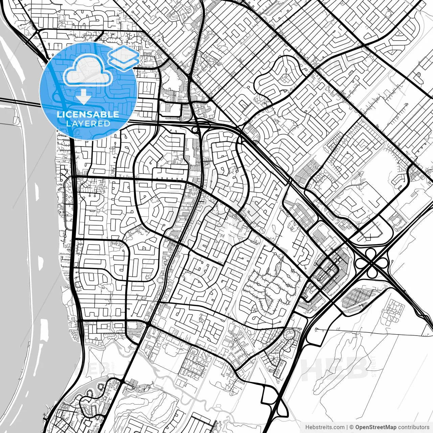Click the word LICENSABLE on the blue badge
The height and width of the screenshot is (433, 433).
click(88, 114)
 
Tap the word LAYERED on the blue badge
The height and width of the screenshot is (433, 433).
click(88, 123)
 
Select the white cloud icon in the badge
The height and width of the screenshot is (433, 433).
click(88, 70)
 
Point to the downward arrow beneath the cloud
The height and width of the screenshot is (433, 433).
click(83, 97)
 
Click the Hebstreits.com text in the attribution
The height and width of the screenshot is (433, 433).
click(325, 427)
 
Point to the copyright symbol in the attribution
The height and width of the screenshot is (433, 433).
click(351, 427)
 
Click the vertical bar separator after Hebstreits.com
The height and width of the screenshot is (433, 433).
click(347, 427)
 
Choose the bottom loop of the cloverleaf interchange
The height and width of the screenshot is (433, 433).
click(372, 272)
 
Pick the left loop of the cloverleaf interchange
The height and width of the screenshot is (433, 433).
click(361, 263)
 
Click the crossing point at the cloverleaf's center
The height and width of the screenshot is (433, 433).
click(371, 263)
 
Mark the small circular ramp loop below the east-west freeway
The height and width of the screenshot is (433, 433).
click(195, 130)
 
